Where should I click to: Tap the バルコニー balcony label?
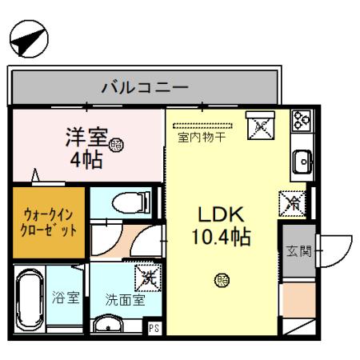pyautogui.click(x=144, y=86)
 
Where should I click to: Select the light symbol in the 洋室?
pyautogui.click(x=117, y=145)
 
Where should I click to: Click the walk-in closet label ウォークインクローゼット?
pyautogui.click(x=49, y=222)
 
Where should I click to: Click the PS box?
pyautogui.click(x=154, y=326)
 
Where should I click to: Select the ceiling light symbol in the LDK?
pyautogui.click(x=221, y=279)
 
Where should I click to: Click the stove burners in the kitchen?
pyautogui.click(x=302, y=121)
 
